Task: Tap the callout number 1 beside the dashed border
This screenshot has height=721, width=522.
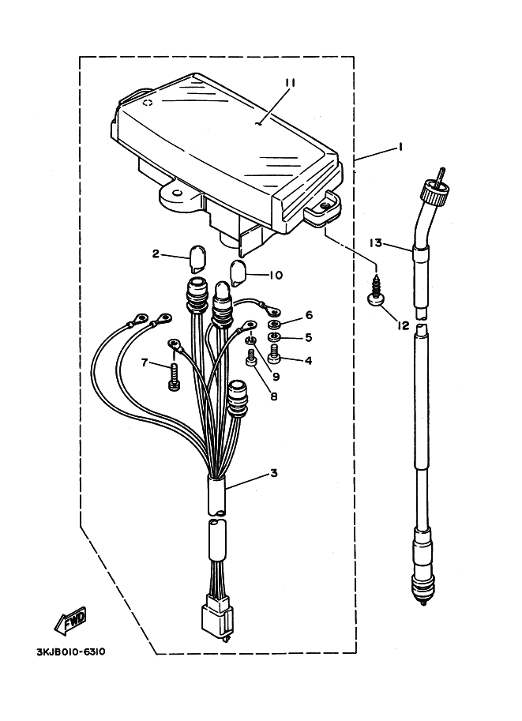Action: (x=380, y=147)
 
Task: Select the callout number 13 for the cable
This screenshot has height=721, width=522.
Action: (x=375, y=242)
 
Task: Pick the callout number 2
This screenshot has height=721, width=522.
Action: (x=156, y=254)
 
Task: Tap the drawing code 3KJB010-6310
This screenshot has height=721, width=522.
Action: (x=71, y=653)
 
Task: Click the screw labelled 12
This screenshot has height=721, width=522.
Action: (x=375, y=293)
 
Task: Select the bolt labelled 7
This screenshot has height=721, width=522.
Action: (x=174, y=377)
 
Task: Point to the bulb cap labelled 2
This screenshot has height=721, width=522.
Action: (x=197, y=257)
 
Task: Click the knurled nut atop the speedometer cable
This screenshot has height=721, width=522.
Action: (x=434, y=189)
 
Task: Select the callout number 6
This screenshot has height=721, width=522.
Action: (x=309, y=315)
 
